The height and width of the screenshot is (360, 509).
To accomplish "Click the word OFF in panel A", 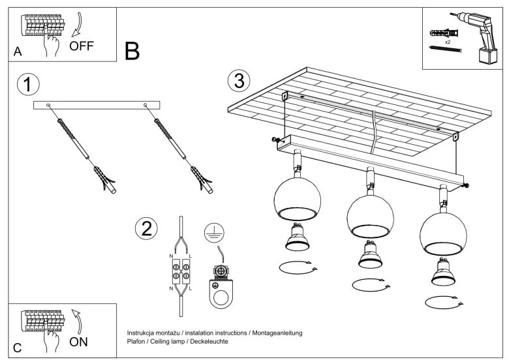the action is [81, 46].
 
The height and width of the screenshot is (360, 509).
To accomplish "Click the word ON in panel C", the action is [78, 342].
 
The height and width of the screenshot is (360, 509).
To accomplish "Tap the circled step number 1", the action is [28, 84].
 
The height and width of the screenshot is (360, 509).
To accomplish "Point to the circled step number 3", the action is [239, 81].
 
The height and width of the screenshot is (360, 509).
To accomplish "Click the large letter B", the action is [132, 51].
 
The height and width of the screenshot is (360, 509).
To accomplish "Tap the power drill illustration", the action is [476, 37].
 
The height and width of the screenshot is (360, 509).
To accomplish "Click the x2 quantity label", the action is [448, 42].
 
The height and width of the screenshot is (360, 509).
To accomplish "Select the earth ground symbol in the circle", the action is [214, 233].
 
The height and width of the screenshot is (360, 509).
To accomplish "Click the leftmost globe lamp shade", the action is [298, 200].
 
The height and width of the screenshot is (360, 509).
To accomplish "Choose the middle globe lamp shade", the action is [370, 217].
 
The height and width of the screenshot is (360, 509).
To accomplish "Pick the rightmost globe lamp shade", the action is [443, 233].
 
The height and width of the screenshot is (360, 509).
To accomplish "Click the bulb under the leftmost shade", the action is [298, 237].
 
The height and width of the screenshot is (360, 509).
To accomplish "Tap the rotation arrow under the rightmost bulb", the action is [444, 302].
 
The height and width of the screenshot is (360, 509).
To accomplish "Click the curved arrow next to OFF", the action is [78, 25].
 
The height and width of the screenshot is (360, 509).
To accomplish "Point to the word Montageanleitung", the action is [277, 333].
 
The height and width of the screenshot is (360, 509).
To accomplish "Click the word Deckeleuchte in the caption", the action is [209, 342].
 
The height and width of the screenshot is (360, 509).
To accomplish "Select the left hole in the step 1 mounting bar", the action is [48, 105].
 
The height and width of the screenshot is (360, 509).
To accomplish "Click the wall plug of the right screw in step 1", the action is [202, 180].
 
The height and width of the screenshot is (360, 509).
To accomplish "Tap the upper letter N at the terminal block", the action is [171, 256].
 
